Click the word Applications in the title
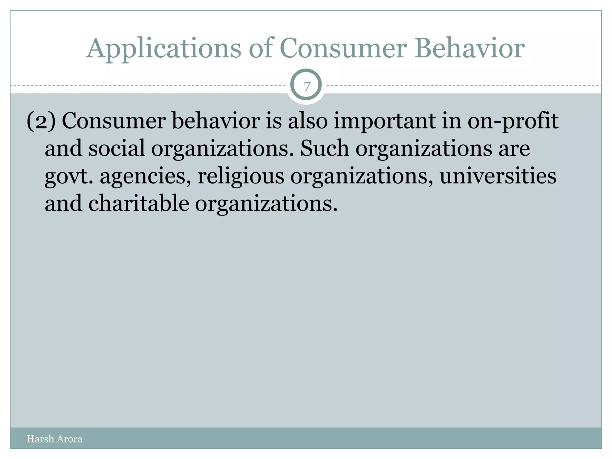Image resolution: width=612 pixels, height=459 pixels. click(163, 49)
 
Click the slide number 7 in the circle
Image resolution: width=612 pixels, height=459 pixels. click(307, 87)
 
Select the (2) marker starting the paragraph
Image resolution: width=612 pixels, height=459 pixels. click(41, 121)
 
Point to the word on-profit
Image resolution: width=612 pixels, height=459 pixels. click(513, 121)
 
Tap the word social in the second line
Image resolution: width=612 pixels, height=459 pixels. click(117, 149)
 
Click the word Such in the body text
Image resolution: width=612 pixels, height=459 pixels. click(325, 149)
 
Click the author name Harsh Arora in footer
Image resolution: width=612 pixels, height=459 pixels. click(54, 439)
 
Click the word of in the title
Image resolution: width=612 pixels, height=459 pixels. click(261, 48)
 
